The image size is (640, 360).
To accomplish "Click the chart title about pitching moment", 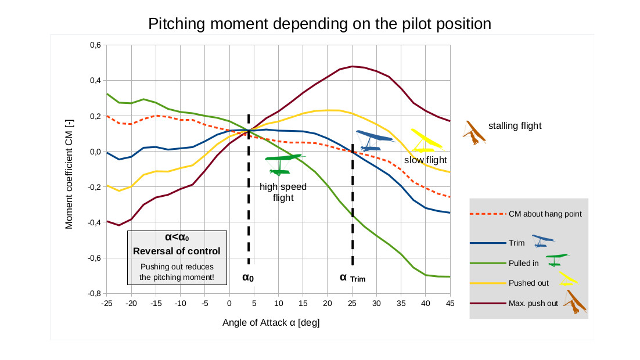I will point(319,24).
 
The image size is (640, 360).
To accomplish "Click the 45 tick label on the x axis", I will point(450,303).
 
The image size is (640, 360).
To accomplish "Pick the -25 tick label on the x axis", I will point(106,303).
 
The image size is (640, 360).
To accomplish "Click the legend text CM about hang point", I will point(545,214).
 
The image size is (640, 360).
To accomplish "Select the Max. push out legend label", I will point(533,303).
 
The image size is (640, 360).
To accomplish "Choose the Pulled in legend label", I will point(523,263).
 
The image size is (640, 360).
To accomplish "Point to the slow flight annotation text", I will point(426,160).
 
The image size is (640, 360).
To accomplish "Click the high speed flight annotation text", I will point(283,192).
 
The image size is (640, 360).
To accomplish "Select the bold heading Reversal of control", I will point(177,251).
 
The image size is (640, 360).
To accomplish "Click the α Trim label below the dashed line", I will point(353,278).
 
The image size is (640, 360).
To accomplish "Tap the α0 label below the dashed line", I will point(248,278).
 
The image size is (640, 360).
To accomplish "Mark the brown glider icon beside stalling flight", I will point(474,133).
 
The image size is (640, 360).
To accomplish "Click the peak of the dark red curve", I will point(352,66).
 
